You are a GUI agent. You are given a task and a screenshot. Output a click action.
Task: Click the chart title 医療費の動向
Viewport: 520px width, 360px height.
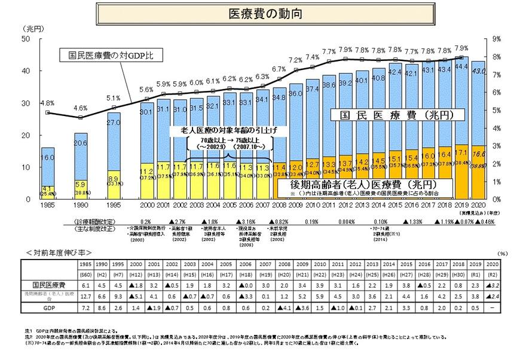point(259,12)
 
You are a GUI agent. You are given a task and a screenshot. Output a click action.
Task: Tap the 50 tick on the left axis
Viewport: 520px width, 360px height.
point(26,39)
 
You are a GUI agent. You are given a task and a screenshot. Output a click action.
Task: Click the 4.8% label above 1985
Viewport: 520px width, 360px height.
point(47,103)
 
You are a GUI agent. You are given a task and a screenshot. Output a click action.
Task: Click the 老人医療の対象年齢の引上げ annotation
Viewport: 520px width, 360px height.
point(222,130)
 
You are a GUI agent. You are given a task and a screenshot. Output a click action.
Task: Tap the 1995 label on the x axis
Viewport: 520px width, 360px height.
point(114,206)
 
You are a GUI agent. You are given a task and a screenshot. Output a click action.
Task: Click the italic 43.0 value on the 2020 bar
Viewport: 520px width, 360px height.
point(478,71)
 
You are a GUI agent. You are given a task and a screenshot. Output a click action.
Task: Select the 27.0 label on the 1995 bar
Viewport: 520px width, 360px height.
point(114,123)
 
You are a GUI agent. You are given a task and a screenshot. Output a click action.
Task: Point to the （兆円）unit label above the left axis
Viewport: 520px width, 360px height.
point(32,28)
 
